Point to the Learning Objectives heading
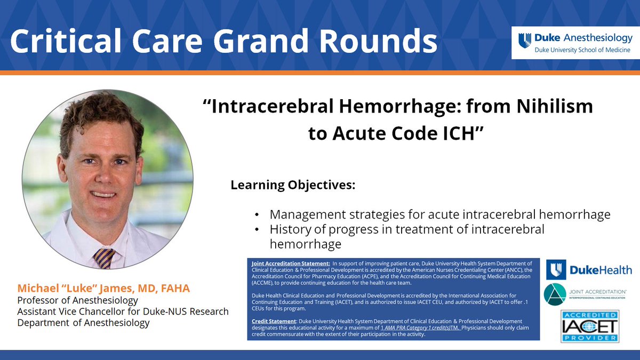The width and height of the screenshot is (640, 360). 293,186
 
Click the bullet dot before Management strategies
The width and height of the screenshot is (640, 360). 258,215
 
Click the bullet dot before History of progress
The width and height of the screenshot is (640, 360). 258,230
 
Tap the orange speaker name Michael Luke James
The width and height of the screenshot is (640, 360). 103,289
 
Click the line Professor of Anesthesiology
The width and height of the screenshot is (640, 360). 78,301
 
